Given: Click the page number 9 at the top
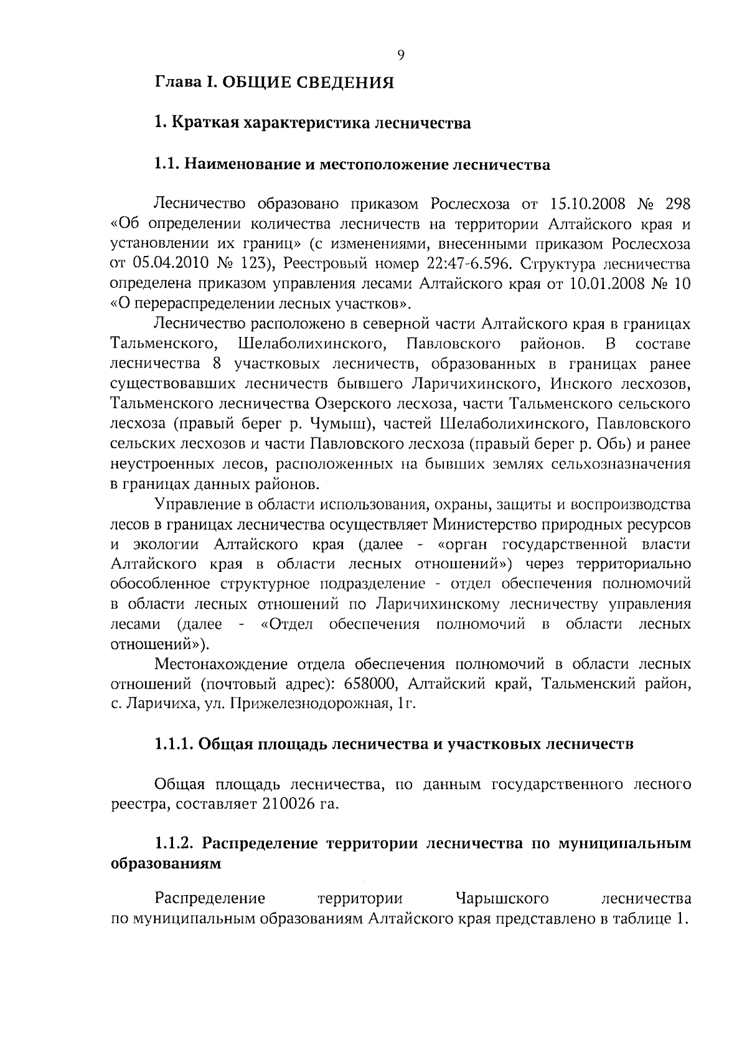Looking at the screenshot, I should tap(400, 55).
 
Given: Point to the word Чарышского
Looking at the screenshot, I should tap(502, 899).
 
